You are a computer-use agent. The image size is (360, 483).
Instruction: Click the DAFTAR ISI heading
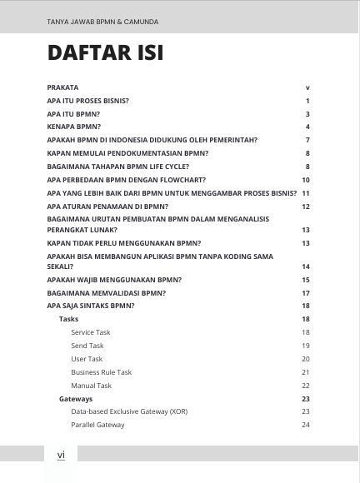(x=105, y=54)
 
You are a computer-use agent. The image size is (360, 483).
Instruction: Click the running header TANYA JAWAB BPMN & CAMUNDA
(x=103, y=22)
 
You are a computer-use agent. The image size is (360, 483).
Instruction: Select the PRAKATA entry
(x=63, y=87)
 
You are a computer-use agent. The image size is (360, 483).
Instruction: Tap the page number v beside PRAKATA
(x=307, y=87)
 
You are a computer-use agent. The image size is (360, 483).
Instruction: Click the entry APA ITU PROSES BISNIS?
(x=93, y=100)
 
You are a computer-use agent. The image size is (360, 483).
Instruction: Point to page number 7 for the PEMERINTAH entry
(x=307, y=140)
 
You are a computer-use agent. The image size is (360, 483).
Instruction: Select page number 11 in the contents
(x=306, y=193)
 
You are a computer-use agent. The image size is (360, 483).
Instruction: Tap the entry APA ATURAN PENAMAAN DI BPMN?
(x=108, y=207)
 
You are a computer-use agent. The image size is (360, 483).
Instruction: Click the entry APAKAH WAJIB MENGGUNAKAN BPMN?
(x=115, y=280)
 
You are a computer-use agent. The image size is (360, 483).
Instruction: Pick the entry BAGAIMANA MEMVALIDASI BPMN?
(x=107, y=293)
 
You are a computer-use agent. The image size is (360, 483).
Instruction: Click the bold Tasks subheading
(x=68, y=319)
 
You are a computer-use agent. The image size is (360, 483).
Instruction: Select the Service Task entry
(x=90, y=332)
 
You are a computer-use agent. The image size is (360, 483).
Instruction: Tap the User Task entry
(x=87, y=359)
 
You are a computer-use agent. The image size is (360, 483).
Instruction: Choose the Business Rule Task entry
(x=101, y=372)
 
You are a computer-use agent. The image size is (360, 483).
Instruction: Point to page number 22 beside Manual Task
(x=306, y=386)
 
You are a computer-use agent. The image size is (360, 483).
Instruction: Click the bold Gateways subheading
(x=76, y=399)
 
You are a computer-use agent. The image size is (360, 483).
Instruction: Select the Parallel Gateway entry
(x=97, y=426)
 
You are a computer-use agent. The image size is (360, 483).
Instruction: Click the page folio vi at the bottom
(x=61, y=455)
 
